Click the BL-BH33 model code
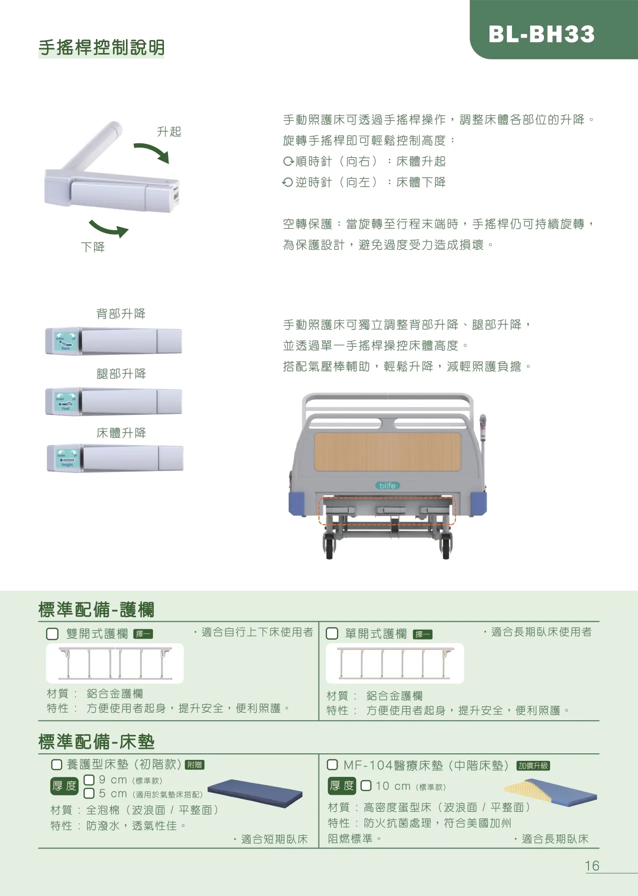(541, 35)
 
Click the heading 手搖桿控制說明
(101, 48)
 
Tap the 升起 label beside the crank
(169, 132)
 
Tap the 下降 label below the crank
(93, 247)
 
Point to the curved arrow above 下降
(108, 228)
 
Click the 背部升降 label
(121, 314)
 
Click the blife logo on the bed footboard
(387, 486)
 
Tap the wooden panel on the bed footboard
(387, 452)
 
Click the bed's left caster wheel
(329, 547)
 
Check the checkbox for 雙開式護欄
(52, 634)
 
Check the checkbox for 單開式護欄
(332, 634)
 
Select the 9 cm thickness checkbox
(89, 780)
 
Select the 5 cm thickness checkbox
(89, 793)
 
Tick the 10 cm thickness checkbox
(366, 785)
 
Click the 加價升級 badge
(533, 766)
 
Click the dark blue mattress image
(255, 793)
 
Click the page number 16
(592, 866)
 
